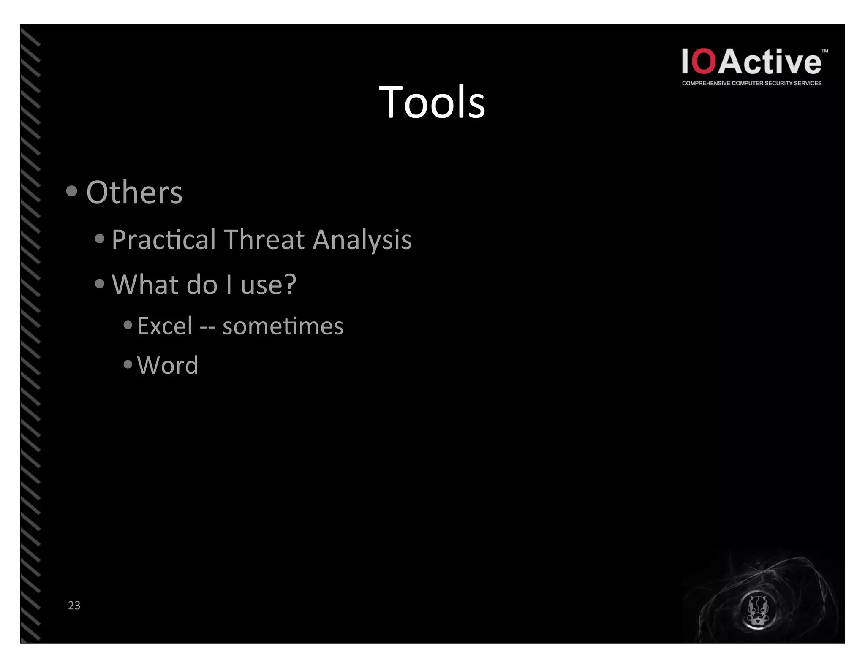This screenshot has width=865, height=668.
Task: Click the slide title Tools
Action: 432,102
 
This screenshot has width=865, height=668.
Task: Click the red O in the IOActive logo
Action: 704,62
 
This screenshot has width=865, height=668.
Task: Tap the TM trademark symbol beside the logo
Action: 824,51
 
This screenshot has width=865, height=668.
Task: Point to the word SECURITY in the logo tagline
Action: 778,83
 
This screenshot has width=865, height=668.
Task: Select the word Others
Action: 134,193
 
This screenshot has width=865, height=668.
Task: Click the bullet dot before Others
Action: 72,191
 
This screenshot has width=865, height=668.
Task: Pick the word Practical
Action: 164,239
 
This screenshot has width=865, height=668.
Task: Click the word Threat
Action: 264,239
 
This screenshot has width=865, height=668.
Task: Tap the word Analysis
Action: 362,240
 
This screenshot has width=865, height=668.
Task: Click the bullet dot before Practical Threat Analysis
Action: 100,239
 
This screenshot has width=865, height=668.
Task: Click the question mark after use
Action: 290,284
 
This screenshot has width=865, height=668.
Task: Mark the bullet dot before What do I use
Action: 100,284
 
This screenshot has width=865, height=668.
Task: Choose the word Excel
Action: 165,326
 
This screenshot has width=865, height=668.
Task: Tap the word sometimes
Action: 283,326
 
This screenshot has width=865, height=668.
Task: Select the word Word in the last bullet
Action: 168,365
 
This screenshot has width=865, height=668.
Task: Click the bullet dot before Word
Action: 128,364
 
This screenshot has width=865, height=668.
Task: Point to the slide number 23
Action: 74,605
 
